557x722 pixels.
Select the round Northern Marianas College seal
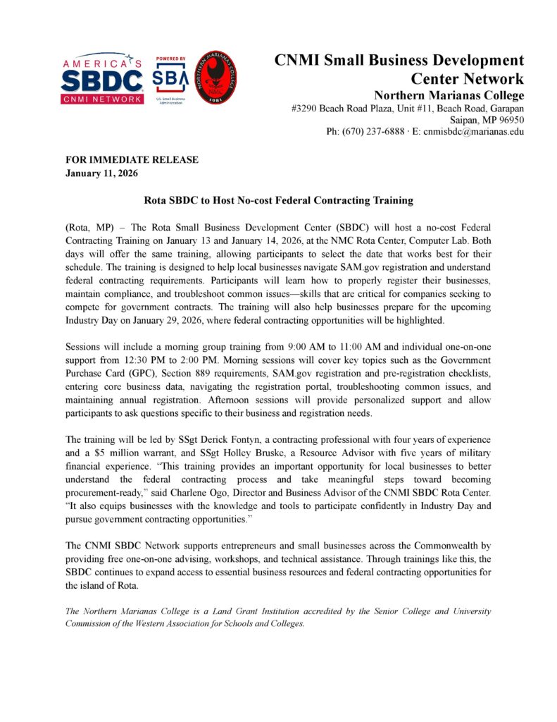(x=215, y=78)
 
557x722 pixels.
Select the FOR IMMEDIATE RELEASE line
(x=132, y=160)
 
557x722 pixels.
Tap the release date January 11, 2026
(x=102, y=173)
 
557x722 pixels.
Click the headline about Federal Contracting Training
(x=278, y=201)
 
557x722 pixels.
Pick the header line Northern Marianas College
(x=449, y=95)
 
